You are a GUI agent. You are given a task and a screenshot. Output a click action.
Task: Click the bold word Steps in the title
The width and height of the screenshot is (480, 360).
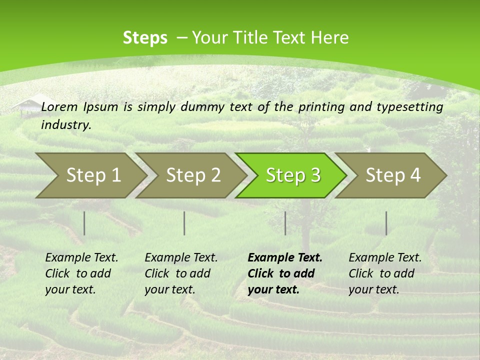(x=145, y=37)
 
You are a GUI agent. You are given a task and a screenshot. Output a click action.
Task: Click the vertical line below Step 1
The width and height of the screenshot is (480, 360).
(x=84, y=223)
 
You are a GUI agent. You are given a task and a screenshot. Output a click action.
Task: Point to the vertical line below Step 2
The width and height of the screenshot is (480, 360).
(x=184, y=223)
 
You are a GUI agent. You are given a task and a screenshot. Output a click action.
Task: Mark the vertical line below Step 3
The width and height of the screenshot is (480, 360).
(x=285, y=223)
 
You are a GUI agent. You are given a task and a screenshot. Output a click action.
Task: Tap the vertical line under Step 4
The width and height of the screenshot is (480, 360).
(x=386, y=223)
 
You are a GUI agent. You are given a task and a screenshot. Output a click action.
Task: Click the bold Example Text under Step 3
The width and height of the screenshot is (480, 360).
(x=285, y=258)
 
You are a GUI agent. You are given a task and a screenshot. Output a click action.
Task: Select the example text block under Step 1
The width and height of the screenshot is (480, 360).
(x=81, y=273)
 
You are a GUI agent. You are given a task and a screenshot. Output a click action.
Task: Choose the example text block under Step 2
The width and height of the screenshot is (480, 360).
(x=181, y=273)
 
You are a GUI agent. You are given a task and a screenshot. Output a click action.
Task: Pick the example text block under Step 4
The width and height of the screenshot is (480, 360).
(x=385, y=273)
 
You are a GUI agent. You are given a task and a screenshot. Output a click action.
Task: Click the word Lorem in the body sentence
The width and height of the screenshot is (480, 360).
(x=59, y=106)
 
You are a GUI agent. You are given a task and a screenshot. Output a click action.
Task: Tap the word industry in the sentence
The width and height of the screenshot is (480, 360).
(x=65, y=124)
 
